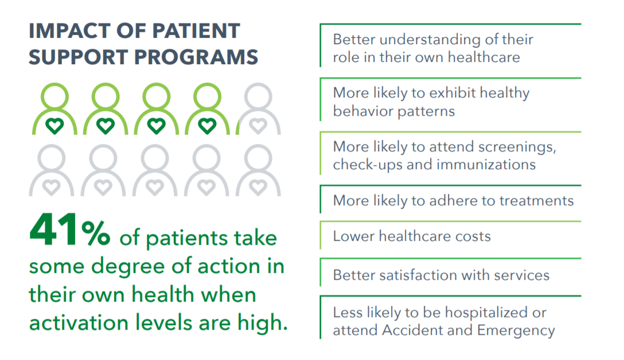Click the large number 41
pos(53,229)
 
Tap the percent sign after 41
pos(96,233)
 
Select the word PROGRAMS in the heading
pos(196,57)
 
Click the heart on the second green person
pos(106,126)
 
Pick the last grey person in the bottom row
pos(258,170)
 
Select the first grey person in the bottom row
pos(52,170)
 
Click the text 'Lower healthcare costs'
pos(412,236)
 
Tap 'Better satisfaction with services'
pos(441,275)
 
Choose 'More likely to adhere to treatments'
pos(453,201)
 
